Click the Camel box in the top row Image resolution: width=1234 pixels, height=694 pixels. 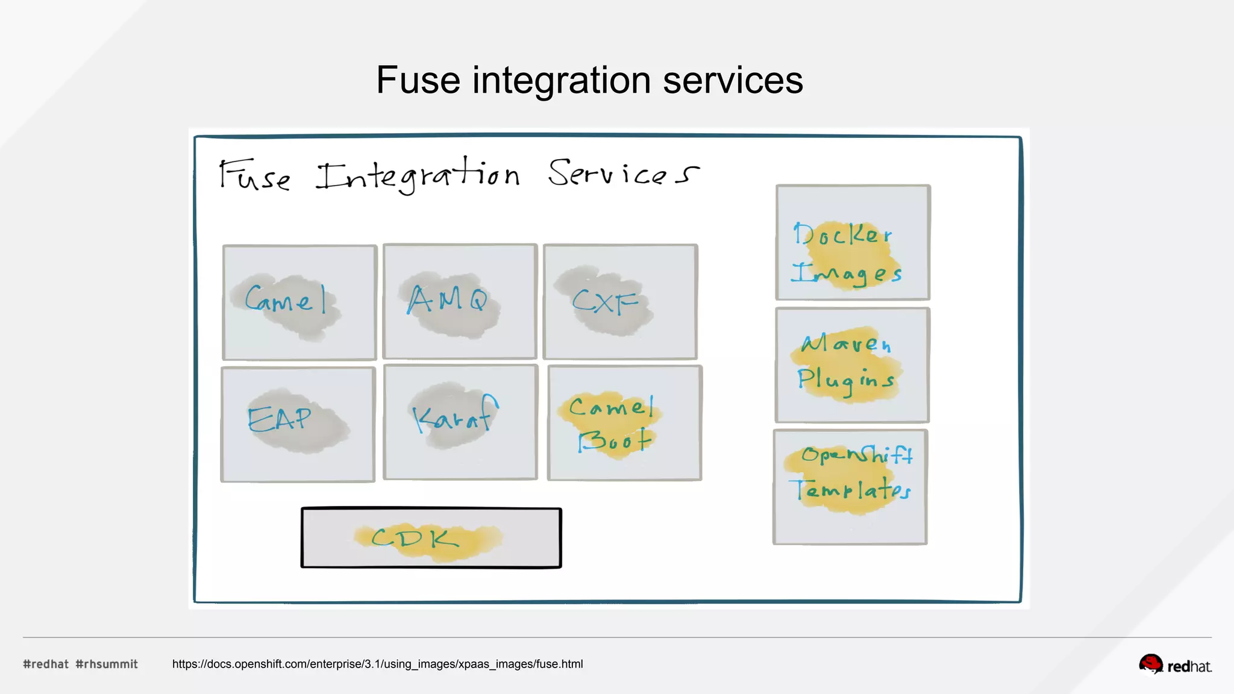tap(299, 302)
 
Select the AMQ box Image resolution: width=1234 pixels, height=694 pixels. tap(460, 301)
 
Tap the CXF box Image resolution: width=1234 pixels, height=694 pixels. tap(620, 302)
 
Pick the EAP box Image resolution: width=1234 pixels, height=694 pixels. tap(298, 424)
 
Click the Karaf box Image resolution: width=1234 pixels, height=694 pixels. tap(460, 422)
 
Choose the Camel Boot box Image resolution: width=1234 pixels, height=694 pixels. tap(625, 423)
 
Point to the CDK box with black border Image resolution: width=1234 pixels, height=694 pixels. tap(431, 538)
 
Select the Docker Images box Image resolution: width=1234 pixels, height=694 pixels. tap(853, 242)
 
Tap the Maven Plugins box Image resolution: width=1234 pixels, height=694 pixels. tap(852, 365)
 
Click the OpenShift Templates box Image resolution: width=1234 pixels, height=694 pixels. tap(850, 487)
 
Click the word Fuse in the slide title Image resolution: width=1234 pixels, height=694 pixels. tap(418, 80)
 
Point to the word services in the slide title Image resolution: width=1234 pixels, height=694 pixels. tap(733, 80)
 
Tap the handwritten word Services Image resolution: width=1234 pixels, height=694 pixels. tap(623, 173)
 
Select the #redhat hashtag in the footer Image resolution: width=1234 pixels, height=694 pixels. tap(46, 664)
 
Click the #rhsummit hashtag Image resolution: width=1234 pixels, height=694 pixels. tap(107, 664)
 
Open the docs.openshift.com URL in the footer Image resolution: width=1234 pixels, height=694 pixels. tap(377, 664)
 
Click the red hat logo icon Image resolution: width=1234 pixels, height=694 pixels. tap(1150, 664)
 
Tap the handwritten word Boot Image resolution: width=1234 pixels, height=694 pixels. tap(615, 440)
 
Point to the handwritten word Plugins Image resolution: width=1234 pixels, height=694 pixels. tap(846, 380)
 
